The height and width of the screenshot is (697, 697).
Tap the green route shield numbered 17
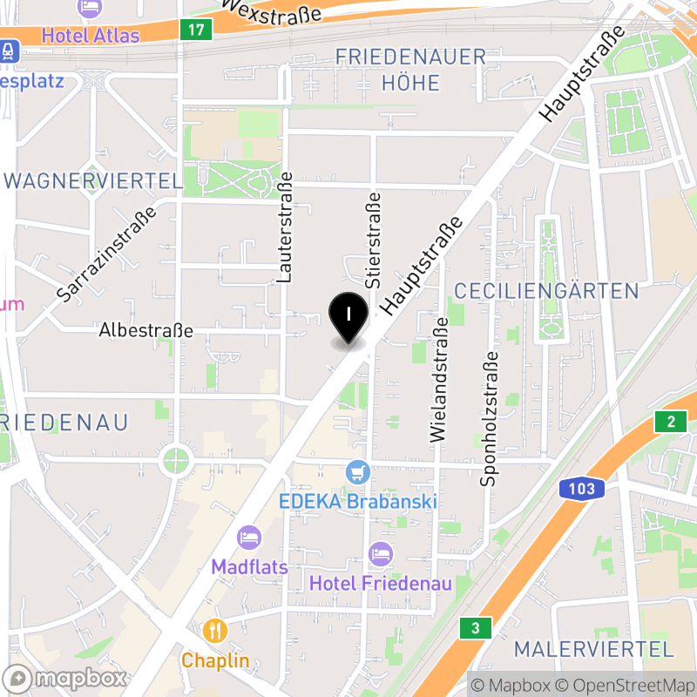(x=197, y=30)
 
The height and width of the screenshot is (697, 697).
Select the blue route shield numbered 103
(x=582, y=489)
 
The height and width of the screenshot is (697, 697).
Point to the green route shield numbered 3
(x=475, y=627)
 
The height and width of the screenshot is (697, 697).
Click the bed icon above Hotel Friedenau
(x=381, y=552)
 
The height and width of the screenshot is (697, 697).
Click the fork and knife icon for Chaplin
(x=215, y=630)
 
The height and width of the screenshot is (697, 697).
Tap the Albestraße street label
(x=146, y=331)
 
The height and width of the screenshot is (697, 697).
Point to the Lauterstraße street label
(x=284, y=233)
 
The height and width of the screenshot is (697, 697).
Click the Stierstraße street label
(x=375, y=240)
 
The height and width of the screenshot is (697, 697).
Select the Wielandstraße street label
(x=439, y=379)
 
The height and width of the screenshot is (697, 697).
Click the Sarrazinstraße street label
(x=106, y=254)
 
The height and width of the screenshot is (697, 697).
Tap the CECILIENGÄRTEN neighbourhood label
(x=546, y=291)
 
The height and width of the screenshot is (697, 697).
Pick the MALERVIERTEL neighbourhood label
(x=594, y=649)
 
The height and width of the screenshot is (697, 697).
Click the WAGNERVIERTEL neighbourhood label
(x=94, y=181)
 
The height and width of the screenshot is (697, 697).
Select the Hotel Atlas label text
(x=91, y=37)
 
